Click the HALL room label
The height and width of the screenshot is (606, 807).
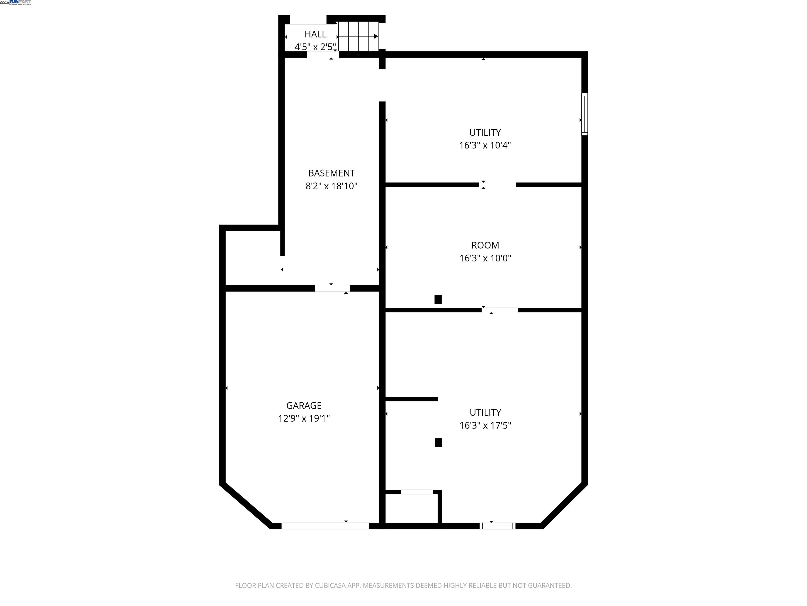(x=315, y=34)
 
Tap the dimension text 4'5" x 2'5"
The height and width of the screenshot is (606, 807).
(x=315, y=47)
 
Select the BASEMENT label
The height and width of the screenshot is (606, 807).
(x=331, y=173)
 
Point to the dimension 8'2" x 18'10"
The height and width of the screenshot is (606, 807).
(x=331, y=186)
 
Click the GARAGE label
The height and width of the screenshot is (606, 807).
(x=304, y=406)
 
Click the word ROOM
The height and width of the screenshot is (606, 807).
(x=485, y=245)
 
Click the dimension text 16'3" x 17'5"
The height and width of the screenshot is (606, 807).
(x=485, y=426)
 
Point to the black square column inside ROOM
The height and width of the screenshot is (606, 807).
(x=438, y=299)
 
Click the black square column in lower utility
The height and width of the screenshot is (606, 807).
(x=438, y=443)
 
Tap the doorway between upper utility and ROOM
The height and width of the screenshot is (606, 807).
(x=497, y=184)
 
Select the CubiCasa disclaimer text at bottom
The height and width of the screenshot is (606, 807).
(x=403, y=585)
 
